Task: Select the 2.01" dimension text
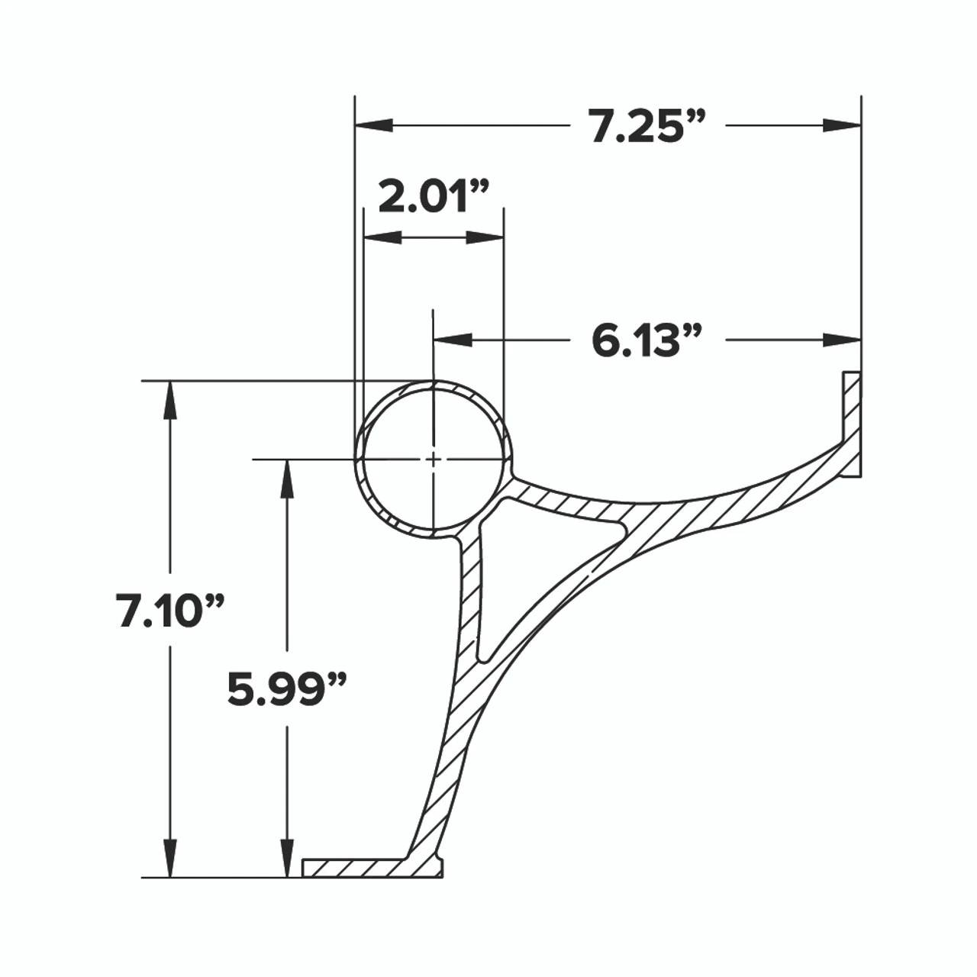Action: pyautogui.click(x=433, y=198)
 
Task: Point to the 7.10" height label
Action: pyautogui.click(x=170, y=611)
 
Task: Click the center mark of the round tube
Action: pyautogui.click(x=433, y=459)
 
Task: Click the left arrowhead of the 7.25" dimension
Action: pyautogui.click(x=374, y=125)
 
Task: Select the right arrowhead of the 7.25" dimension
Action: pyautogui.click(x=842, y=125)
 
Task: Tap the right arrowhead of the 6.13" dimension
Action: pyautogui.click(x=842, y=340)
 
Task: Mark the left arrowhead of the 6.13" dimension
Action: pyautogui.click(x=452, y=340)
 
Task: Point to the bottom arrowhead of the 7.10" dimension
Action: pyautogui.click(x=170, y=859)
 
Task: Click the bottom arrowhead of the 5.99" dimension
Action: pyautogui.click(x=287, y=859)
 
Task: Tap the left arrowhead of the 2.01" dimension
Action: pyautogui.click(x=382, y=238)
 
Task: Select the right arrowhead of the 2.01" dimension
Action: pyautogui.click(x=485, y=238)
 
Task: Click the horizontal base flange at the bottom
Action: pyautogui.click(x=351, y=868)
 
